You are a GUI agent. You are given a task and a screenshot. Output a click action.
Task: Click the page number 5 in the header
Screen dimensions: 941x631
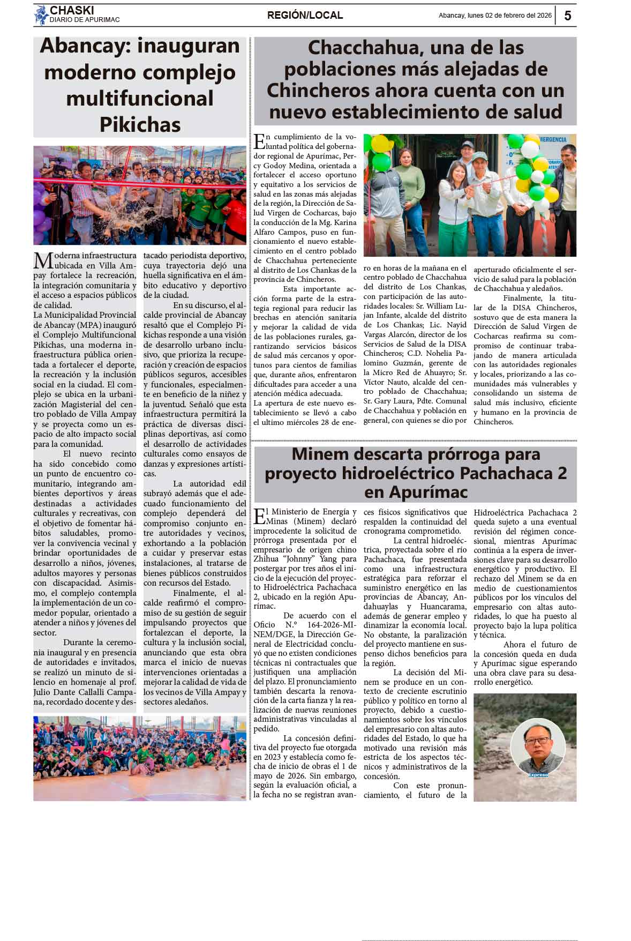click(x=567, y=16)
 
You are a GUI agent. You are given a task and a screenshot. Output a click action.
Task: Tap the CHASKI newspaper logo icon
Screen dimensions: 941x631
click(x=41, y=15)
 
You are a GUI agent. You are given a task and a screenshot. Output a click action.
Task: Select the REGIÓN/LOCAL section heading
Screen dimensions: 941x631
click(x=305, y=16)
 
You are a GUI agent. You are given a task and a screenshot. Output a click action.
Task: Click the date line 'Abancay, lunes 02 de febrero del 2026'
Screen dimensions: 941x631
click(x=495, y=16)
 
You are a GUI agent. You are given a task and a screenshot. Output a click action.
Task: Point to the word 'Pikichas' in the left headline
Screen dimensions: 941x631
click(x=140, y=125)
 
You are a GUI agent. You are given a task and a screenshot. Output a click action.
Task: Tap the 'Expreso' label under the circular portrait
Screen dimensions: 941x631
click(x=537, y=775)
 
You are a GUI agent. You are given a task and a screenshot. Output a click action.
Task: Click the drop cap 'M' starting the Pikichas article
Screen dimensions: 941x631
click(x=42, y=260)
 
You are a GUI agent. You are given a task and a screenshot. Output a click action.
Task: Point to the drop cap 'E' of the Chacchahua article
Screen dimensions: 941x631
click(x=259, y=141)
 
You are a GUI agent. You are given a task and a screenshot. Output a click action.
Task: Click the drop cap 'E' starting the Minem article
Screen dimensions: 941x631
click(x=259, y=517)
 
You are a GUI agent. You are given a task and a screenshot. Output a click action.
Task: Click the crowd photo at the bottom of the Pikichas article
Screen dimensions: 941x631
click(x=140, y=758)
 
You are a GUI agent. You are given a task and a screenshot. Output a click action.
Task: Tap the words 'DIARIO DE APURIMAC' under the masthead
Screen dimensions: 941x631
click(x=84, y=20)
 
